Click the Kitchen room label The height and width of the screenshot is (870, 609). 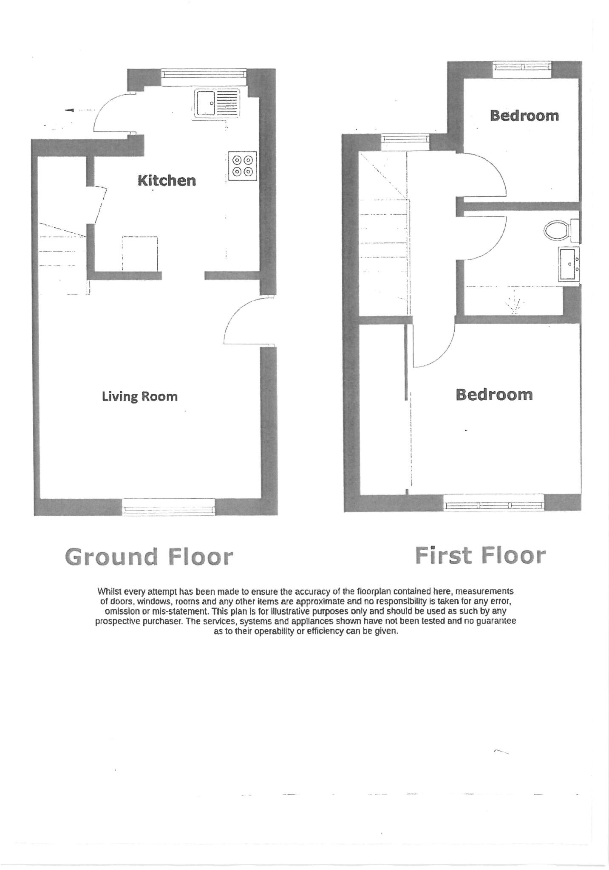pyautogui.click(x=167, y=181)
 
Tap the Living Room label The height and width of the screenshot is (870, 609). pyautogui.click(x=139, y=396)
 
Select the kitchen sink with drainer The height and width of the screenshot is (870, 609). pyautogui.click(x=217, y=103)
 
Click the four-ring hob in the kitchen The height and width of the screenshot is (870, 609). pyautogui.click(x=243, y=166)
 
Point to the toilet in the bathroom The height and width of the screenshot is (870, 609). pyautogui.click(x=557, y=231)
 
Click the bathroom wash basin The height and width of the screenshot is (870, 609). pyautogui.click(x=569, y=264)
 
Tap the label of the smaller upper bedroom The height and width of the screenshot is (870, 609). pyautogui.click(x=524, y=116)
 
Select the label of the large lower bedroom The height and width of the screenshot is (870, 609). pyautogui.click(x=494, y=395)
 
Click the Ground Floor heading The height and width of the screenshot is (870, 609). pyautogui.click(x=149, y=557)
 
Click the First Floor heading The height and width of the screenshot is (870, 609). pyautogui.click(x=480, y=556)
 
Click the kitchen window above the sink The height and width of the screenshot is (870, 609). pyautogui.click(x=204, y=74)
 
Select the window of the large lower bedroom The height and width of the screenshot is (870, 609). pyautogui.click(x=494, y=505)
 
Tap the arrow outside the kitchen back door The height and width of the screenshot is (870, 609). pyautogui.click(x=70, y=110)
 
